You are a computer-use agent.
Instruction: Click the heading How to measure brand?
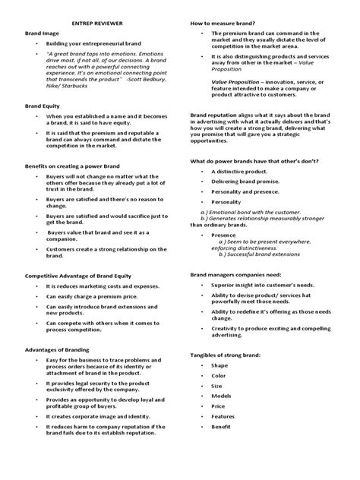click(222, 24)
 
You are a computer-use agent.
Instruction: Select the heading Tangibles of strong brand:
click(226, 355)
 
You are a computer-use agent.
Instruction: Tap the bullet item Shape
click(220, 366)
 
